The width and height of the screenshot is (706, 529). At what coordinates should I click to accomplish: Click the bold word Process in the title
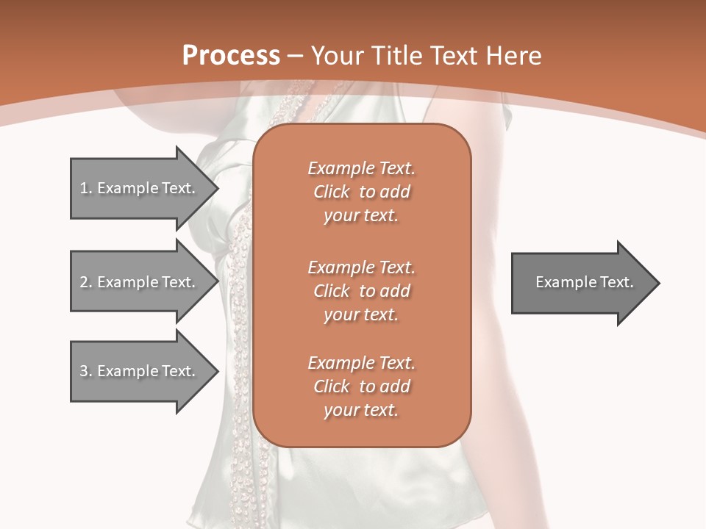[231, 56]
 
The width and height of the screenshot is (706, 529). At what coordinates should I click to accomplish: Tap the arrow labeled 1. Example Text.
[140, 188]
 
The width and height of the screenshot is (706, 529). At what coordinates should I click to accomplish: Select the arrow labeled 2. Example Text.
[140, 282]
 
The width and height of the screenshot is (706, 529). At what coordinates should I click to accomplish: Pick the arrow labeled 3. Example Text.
[140, 371]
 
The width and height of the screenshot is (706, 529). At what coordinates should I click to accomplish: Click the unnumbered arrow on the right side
[581, 282]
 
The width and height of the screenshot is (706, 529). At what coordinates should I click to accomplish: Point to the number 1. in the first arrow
[85, 188]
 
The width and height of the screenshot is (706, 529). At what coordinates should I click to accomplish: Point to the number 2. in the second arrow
[85, 282]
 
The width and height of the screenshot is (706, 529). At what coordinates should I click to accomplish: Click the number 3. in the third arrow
[85, 371]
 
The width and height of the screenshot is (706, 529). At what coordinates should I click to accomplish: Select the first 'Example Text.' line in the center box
[361, 168]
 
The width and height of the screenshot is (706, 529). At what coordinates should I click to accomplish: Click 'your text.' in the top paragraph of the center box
[361, 216]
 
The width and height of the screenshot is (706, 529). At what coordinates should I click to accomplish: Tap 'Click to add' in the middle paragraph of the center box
[361, 291]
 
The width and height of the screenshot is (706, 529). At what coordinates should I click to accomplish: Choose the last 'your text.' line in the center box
[361, 410]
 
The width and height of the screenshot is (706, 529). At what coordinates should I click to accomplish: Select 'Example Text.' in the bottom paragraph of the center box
[361, 363]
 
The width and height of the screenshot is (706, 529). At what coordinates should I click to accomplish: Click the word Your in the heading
[337, 56]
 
